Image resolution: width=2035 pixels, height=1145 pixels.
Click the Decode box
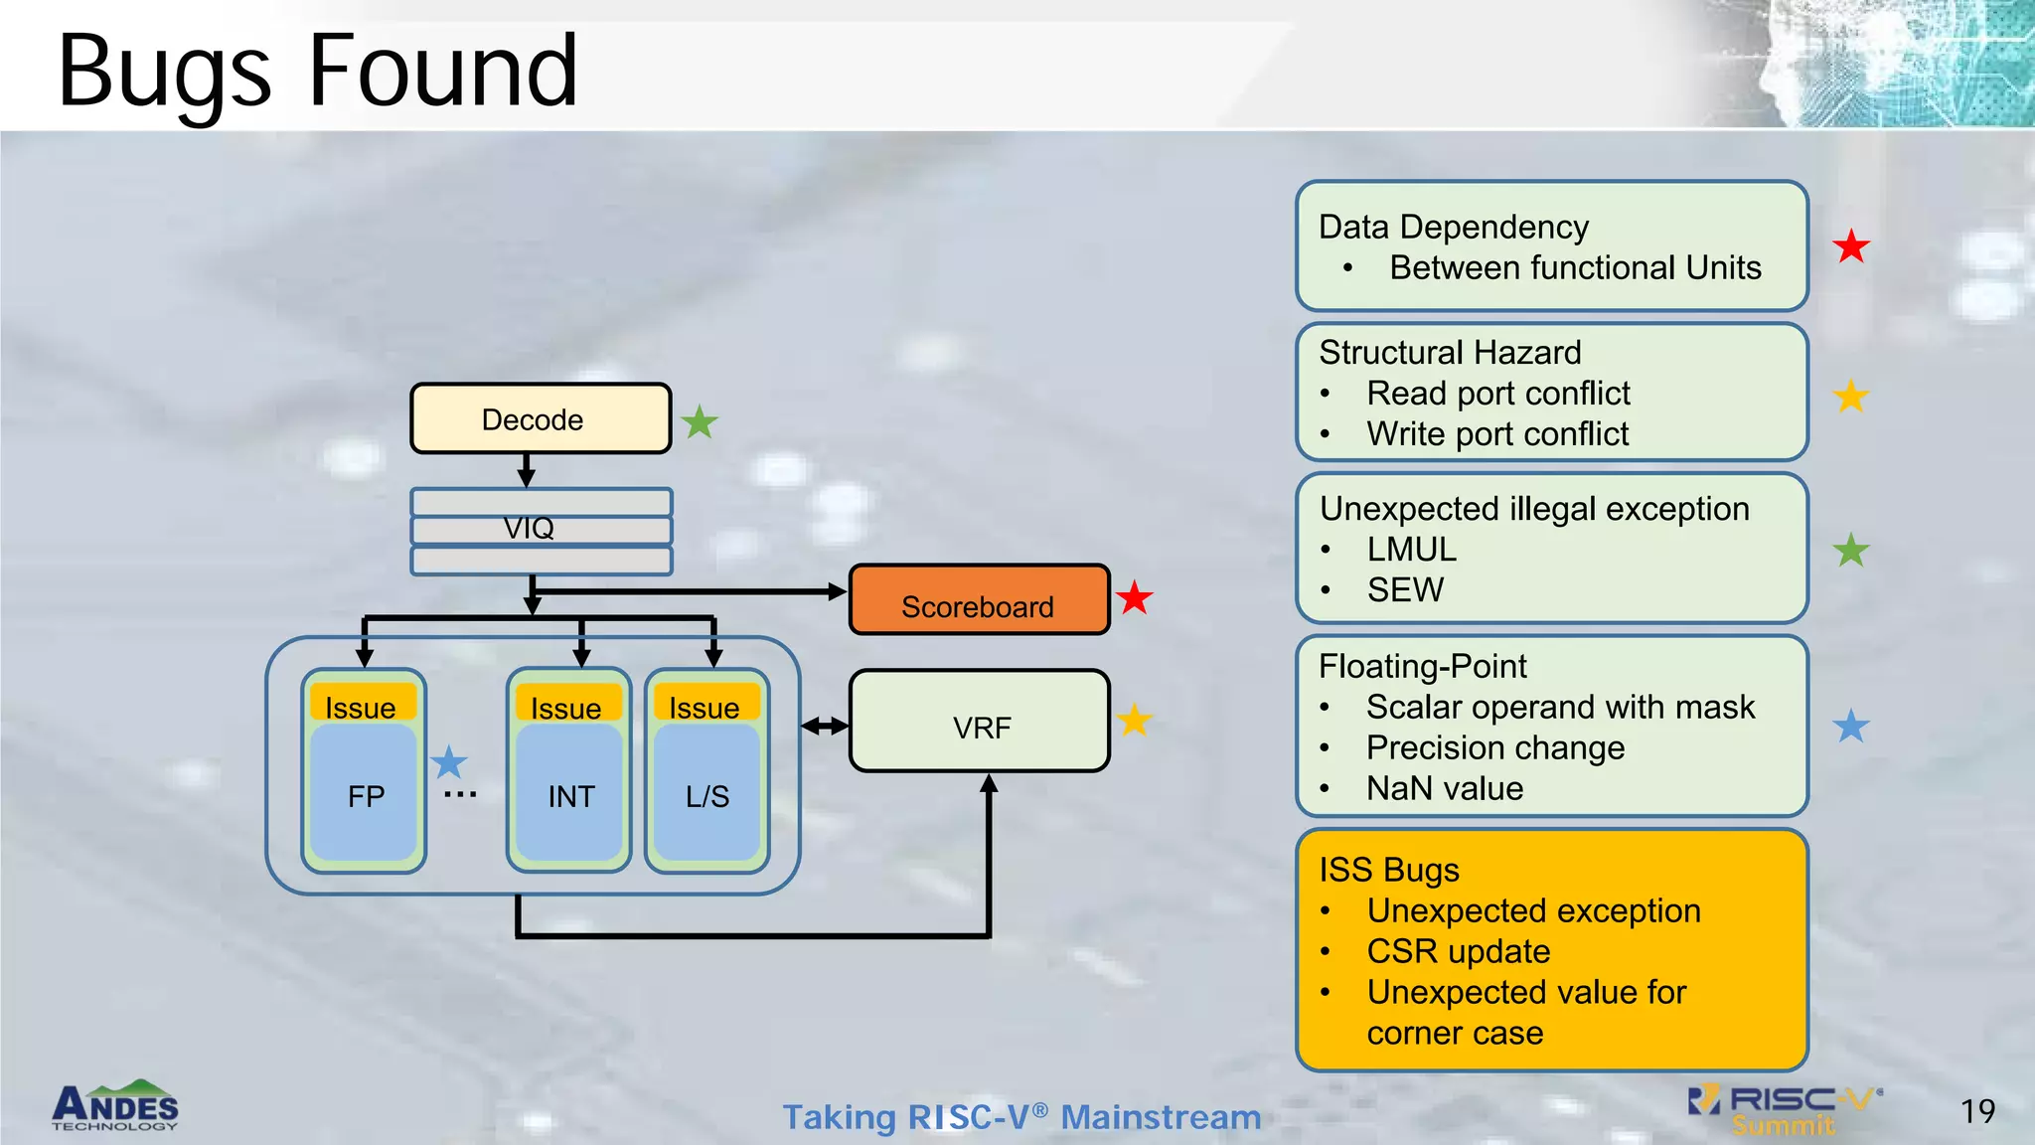pyautogui.click(x=541, y=418)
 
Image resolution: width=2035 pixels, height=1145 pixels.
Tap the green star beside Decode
pyautogui.click(x=700, y=422)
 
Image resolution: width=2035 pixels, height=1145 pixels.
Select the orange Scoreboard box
pyautogui.click(x=979, y=600)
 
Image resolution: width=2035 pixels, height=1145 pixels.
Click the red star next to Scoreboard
pyautogui.click(x=1134, y=598)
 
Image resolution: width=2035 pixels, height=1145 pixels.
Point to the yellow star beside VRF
pyautogui.click(x=1134, y=721)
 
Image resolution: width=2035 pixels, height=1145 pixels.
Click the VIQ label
pyautogui.click(x=529, y=528)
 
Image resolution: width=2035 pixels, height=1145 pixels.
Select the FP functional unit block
pyautogui.click(x=365, y=795)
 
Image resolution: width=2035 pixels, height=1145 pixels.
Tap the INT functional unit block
pyautogui.click(x=570, y=795)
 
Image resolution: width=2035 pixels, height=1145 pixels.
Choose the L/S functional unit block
pyautogui.click(x=706, y=795)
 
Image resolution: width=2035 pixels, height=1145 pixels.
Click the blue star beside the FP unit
pyautogui.click(x=449, y=762)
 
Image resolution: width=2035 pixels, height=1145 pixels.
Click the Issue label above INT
pyautogui.click(x=566, y=708)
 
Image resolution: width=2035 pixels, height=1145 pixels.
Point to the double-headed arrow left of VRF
pyautogui.click(x=825, y=727)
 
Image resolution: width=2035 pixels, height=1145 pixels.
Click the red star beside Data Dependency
pyautogui.click(x=1851, y=245)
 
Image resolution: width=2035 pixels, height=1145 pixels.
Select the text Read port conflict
pyautogui.click(x=1497, y=394)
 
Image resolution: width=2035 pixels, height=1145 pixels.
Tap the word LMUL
pyautogui.click(x=1411, y=549)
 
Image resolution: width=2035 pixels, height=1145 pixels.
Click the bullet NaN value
pyautogui.click(x=1444, y=788)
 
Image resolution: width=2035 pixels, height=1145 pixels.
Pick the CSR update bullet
pyautogui.click(x=1458, y=951)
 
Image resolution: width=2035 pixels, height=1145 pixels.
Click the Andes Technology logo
pyautogui.click(x=115, y=1105)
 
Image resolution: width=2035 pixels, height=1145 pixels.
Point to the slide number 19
pyautogui.click(x=1977, y=1111)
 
